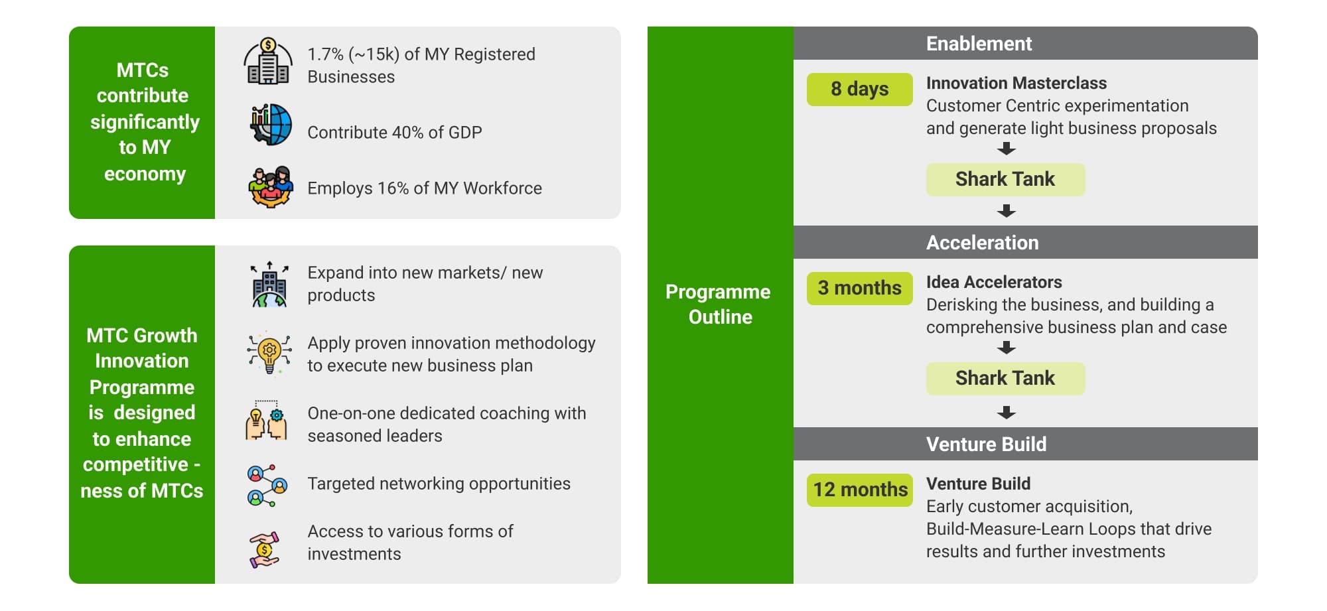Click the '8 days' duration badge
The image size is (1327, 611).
[x=859, y=90]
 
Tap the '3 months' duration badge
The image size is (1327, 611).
[x=859, y=289]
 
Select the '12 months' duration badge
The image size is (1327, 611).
[x=860, y=490]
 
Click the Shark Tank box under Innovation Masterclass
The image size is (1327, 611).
[x=1005, y=180]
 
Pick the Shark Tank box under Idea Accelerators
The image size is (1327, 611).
[x=1005, y=379]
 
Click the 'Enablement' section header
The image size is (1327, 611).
[x=979, y=44]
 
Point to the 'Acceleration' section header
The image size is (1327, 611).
[x=982, y=243]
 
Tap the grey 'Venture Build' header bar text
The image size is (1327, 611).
[x=986, y=444]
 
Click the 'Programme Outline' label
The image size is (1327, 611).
[x=719, y=305]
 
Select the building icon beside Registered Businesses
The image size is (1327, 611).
[x=268, y=61]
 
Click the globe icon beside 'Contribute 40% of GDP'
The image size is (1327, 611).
[x=271, y=125]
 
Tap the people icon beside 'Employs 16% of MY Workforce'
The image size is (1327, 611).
[x=270, y=187]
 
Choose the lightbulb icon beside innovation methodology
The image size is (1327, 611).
[x=269, y=352]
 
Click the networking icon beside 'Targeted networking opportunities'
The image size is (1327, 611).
[x=267, y=486]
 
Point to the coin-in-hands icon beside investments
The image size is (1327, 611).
[x=265, y=550]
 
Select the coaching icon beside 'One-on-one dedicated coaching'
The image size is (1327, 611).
[x=266, y=420]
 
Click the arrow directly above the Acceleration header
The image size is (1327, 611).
[x=1007, y=211]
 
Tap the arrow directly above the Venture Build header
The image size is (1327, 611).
[x=1007, y=413]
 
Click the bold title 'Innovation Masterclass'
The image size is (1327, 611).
[x=1016, y=84]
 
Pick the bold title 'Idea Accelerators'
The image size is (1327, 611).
[x=994, y=283]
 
